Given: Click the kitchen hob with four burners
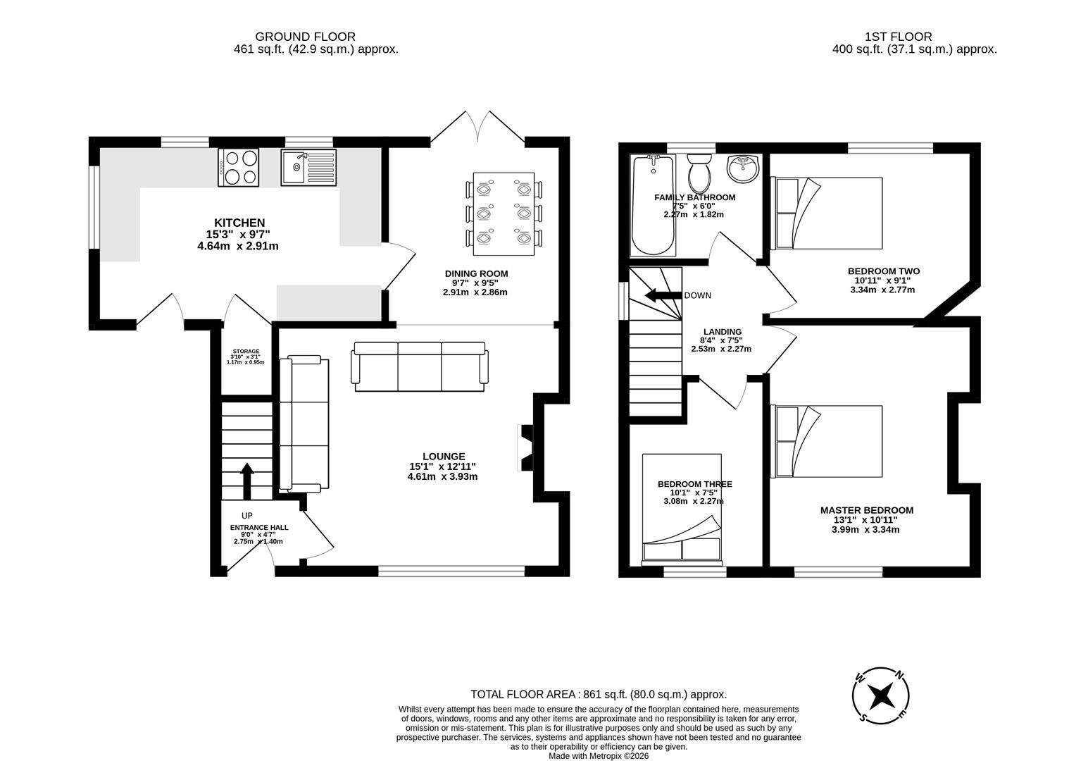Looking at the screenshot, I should (x=239, y=167).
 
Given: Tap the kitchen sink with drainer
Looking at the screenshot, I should (x=308, y=167).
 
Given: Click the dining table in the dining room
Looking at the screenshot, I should (x=504, y=214).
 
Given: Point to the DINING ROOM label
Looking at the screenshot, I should (x=476, y=273).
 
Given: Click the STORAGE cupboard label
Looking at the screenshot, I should (x=246, y=351).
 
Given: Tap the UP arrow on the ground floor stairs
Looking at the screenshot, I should (x=246, y=480).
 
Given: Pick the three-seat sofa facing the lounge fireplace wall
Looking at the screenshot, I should (x=420, y=366).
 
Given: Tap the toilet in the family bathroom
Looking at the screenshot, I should (x=700, y=171).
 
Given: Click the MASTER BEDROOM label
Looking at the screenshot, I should (x=866, y=510).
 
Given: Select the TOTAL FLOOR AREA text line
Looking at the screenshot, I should (x=598, y=694).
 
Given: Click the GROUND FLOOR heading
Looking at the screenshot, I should (x=305, y=37).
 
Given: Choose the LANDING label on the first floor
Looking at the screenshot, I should (x=722, y=332).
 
